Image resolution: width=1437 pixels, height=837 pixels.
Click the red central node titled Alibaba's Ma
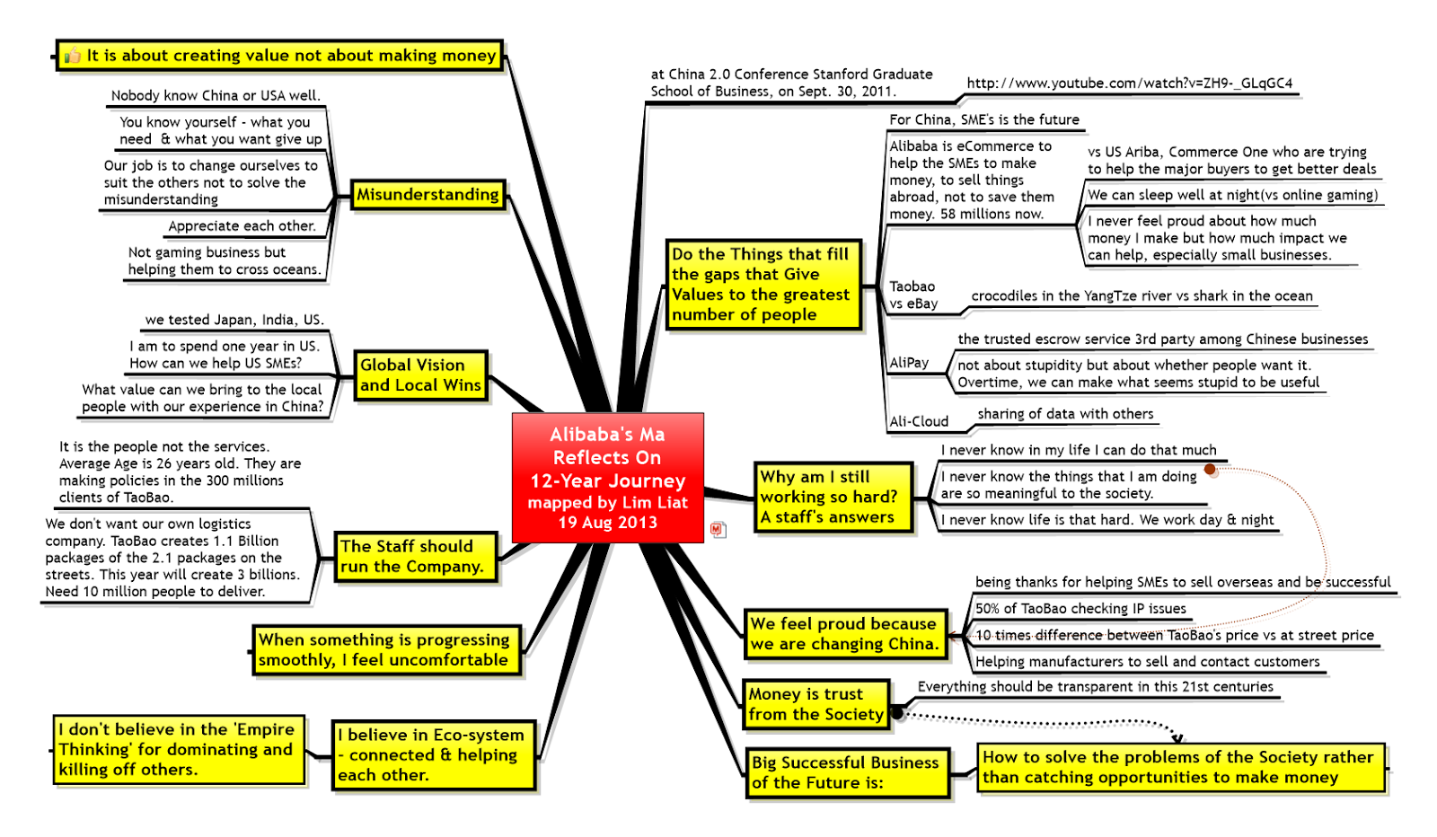607,477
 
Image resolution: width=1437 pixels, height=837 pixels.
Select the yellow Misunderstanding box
428,195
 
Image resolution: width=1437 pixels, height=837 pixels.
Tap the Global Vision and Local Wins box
420,375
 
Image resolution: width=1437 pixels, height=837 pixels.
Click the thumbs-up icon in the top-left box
73,57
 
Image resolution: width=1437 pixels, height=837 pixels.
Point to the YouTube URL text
1129,84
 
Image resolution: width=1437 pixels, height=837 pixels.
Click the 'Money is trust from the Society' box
815,704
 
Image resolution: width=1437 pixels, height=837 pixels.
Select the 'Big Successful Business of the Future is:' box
845,772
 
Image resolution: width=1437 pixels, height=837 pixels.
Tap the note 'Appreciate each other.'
242,226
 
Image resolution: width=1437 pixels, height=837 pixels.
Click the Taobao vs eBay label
913,295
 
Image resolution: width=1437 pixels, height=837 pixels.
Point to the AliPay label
909,363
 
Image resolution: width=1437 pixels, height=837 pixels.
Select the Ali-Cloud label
919,421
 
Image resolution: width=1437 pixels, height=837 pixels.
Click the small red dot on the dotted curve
1210,469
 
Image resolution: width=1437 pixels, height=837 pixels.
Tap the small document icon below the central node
717,530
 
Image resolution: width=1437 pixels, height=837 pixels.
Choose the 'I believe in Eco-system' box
431,754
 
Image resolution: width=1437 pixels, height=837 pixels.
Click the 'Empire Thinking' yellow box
177,749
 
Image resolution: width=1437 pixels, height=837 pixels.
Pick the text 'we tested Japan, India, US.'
234,320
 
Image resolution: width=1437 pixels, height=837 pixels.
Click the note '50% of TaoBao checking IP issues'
1080,609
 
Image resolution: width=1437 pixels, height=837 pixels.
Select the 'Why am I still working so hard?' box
829,497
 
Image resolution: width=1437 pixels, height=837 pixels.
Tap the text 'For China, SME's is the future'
984,120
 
